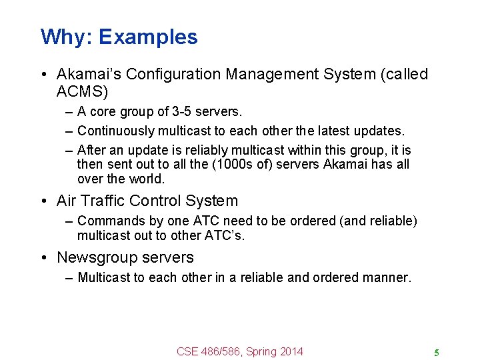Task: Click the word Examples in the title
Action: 148,37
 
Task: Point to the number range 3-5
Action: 181,111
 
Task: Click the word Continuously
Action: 117,131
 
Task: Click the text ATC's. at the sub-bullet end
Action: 227,235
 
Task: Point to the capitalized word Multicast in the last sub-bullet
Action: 104,277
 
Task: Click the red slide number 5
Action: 436,353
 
